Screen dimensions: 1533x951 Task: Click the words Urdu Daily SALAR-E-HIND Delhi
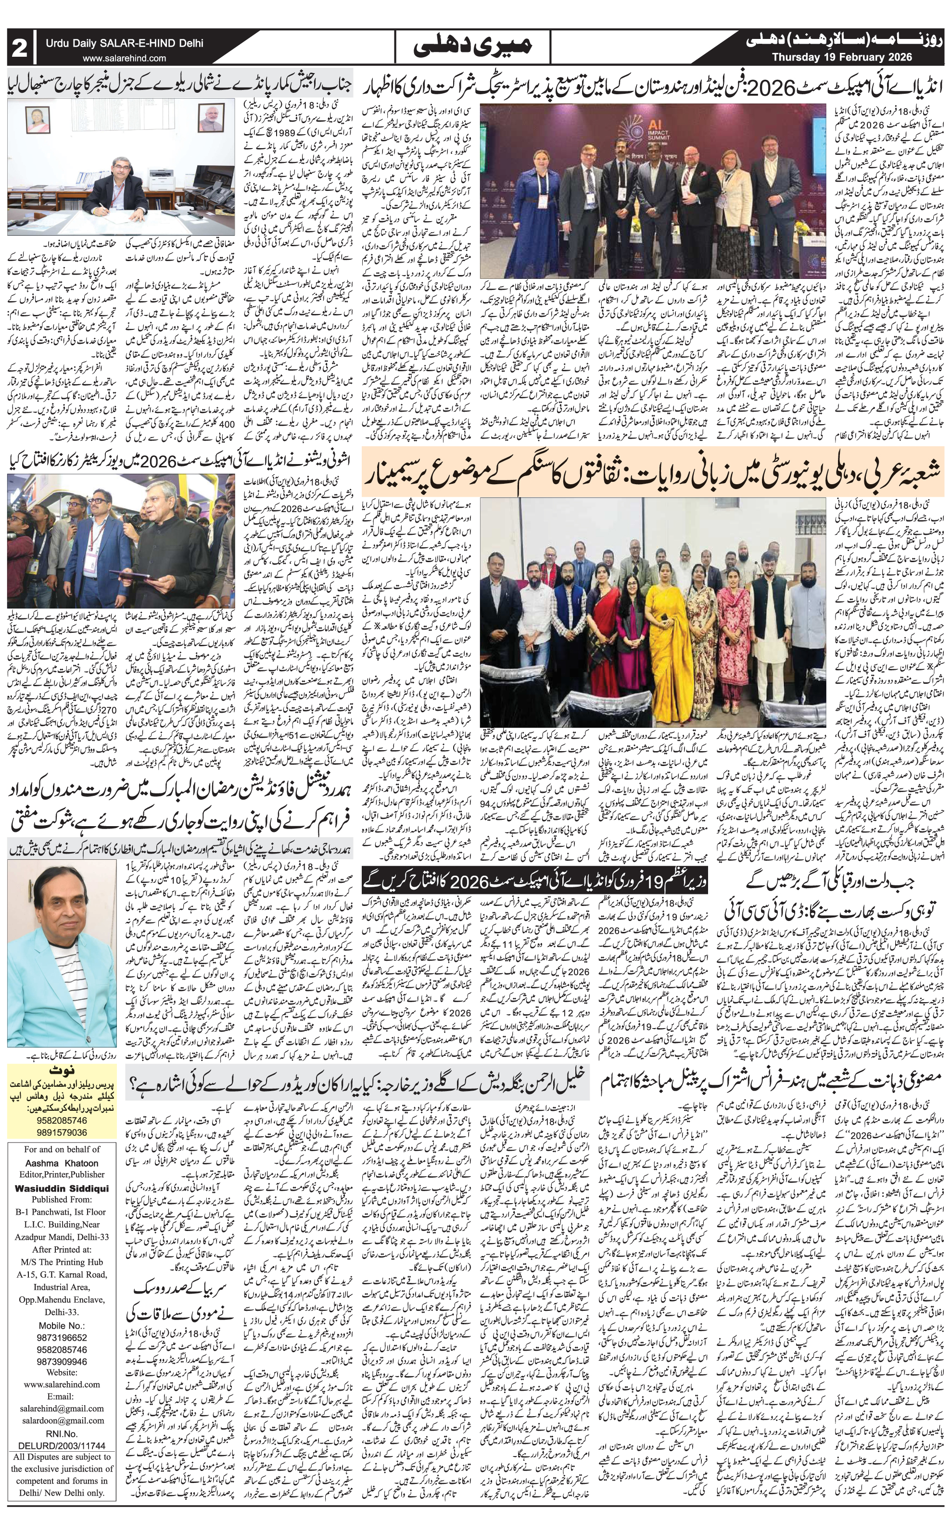click(124, 45)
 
